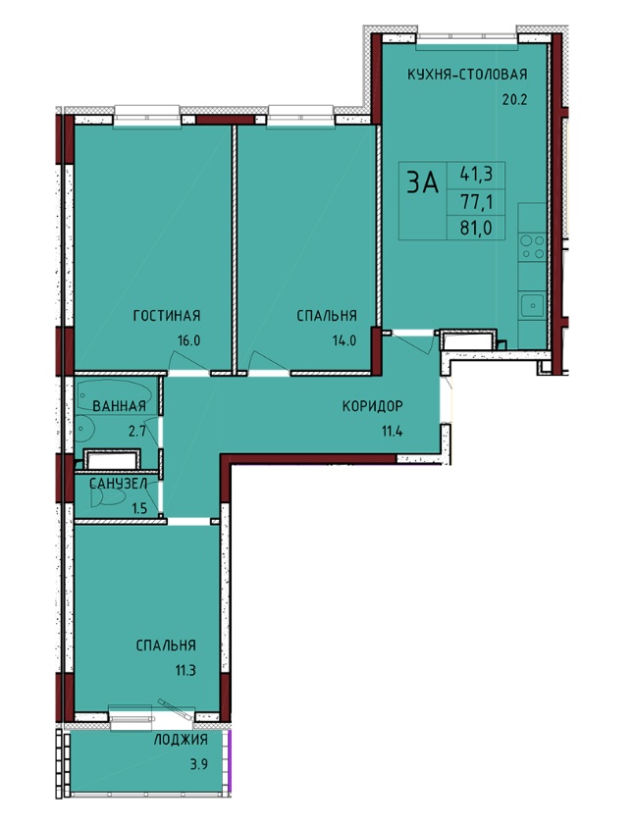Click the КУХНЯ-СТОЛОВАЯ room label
467,74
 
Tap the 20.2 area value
514,100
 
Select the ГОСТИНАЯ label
167,316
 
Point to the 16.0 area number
188,340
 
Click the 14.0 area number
344,340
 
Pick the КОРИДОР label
372,406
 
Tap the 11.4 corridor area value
392,432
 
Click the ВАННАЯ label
119,406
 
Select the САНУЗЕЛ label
116,484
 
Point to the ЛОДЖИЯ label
181,740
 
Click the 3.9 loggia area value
198,764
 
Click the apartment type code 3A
422,183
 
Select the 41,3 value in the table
476,174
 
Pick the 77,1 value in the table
476,201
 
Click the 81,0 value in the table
476,229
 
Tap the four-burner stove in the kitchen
532,247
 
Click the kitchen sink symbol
533,305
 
